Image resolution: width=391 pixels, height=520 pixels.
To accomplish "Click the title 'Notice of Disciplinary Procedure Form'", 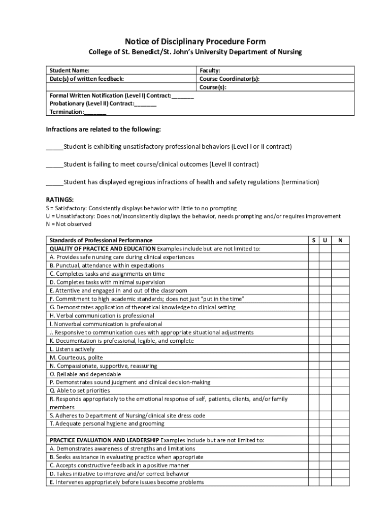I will coord(195,41).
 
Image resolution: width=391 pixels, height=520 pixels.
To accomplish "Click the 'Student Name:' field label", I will coord(69,71).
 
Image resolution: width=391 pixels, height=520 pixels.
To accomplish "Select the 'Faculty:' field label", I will coord(210,71).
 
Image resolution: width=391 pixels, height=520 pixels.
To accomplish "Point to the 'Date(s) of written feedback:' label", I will coord(86,79).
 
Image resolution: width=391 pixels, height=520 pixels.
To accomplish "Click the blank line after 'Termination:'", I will coord(95,112).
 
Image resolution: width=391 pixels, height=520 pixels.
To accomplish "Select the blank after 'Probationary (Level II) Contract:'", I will coord(146,104).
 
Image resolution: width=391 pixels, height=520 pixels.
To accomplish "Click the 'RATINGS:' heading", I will coord(60,200).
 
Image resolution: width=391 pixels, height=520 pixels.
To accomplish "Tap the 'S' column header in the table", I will coord(312,240).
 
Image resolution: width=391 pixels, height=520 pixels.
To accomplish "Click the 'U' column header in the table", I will coord(324,240).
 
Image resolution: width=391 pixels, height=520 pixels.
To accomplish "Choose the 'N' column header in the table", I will coord(340,240).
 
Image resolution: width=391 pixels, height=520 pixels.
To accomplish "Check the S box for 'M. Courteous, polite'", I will coord(312,357).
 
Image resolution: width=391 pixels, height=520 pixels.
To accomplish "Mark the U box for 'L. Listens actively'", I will coord(324,349).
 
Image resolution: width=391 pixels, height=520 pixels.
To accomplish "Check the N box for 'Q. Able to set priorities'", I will coord(340,391).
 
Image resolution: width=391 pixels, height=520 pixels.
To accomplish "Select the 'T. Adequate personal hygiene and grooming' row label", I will coord(107,424).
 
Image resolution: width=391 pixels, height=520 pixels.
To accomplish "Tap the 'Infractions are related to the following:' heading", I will coord(104,129).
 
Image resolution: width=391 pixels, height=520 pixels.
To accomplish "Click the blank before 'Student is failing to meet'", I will coord(55,165).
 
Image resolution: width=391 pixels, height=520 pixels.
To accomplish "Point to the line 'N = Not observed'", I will coord(69,224).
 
